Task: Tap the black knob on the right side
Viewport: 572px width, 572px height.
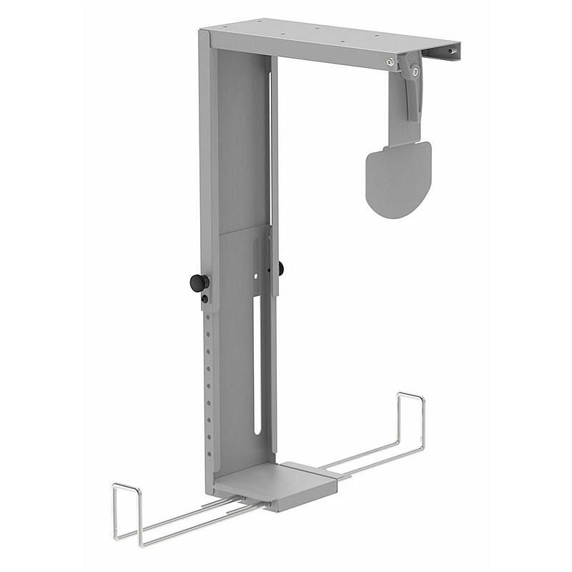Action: click(x=280, y=268)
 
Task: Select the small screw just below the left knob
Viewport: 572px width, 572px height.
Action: click(x=205, y=298)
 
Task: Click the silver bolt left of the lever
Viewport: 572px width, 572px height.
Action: click(x=390, y=61)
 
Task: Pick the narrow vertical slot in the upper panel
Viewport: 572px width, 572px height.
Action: click(x=270, y=143)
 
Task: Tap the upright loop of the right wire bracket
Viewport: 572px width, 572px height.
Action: click(x=410, y=422)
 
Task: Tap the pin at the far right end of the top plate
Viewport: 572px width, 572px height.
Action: click(x=450, y=51)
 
